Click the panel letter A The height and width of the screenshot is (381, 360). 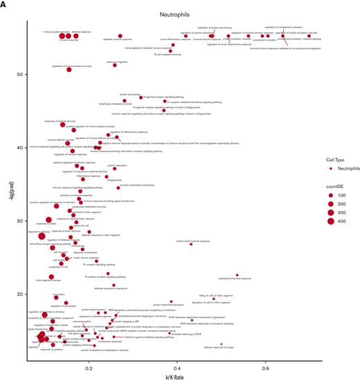5,4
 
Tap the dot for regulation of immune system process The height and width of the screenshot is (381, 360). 69,69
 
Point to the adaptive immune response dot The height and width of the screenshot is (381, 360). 120,36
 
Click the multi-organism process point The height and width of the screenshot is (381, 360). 51,277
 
